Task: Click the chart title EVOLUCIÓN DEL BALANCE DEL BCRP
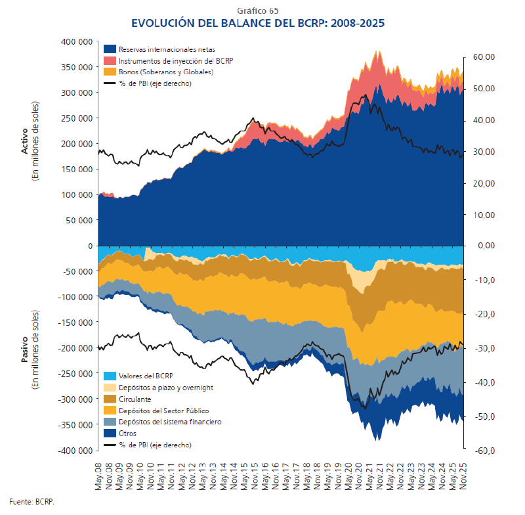[x=258, y=23]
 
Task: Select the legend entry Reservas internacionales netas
[x=167, y=49]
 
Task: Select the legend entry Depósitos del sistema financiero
[x=169, y=422]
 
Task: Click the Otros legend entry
[x=129, y=433]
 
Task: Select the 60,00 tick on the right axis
[x=481, y=57]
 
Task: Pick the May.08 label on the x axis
[x=99, y=474]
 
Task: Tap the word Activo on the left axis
[x=24, y=143]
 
